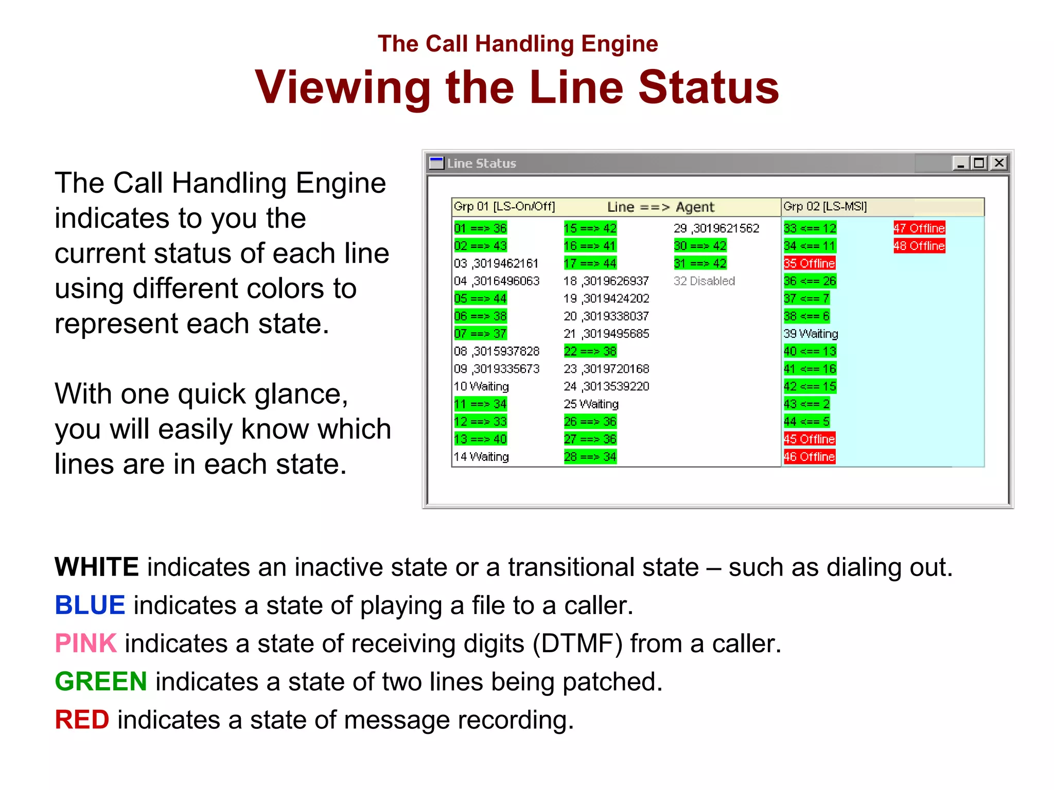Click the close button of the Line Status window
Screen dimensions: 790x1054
(x=999, y=163)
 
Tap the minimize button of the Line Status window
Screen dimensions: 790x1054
(x=960, y=163)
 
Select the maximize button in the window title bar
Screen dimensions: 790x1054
(x=979, y=163)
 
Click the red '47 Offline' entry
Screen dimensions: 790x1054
(x=919, y=228)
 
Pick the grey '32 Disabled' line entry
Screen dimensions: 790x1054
(x=704, y=281)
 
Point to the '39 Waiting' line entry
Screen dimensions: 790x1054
(x=811, y=334)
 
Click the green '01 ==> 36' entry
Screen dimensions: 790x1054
(x=480, y=228)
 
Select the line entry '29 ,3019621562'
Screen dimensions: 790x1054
(x=716, y=228)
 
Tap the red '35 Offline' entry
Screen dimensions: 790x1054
(x=809, y=263)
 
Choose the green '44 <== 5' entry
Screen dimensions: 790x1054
(x=806, y=422)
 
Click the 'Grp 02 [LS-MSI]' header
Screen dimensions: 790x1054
(x=825, y=207)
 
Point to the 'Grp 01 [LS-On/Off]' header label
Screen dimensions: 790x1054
(x=504, y=207)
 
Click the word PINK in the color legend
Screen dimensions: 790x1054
(x=85, y=643)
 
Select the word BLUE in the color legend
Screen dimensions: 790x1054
(x=90, y=605)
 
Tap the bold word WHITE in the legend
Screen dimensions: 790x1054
(x=97, y=567)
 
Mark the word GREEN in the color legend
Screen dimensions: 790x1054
(x=101, y=681)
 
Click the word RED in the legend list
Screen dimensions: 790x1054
(x=82, y=720)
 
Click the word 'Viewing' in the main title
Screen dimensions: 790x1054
(x=342, y=87)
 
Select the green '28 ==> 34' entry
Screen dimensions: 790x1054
(x=590, y=457)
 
